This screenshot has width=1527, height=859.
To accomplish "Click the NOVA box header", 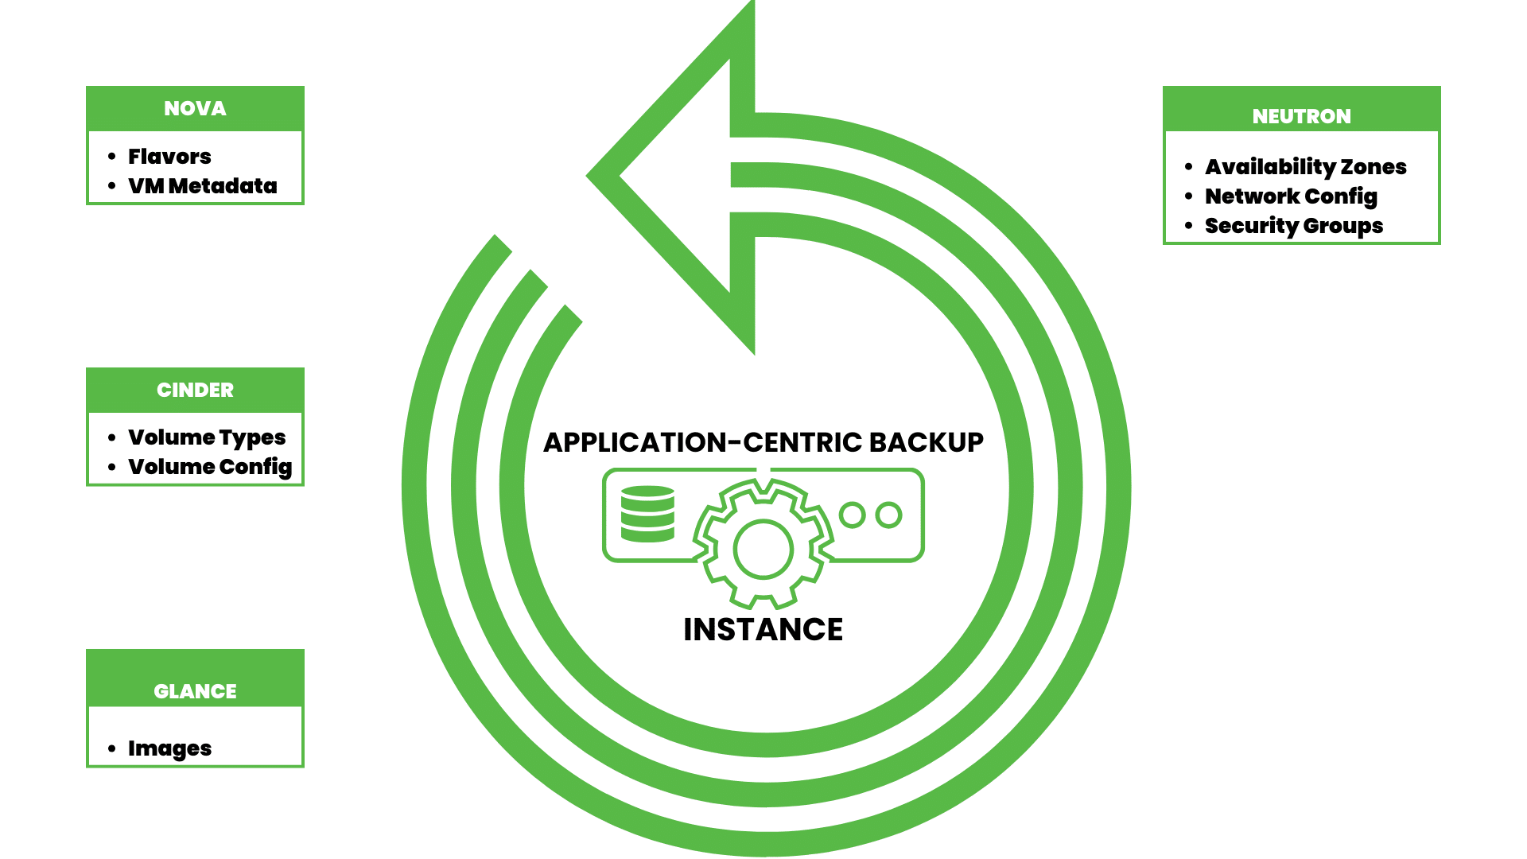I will click(x=195, y=109).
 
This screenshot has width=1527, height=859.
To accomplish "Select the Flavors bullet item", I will click(x=169, y=157).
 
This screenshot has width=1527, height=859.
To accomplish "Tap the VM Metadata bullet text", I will click(x=202, y=186).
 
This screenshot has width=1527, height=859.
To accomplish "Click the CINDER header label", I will click(x=195, y=391).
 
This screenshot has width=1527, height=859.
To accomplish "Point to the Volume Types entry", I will click(x=207, y=437).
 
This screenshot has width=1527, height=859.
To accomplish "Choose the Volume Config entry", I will click(x=210, y=467).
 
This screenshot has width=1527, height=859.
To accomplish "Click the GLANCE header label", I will click(x=195, y=691).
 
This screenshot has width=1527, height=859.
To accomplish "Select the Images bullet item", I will click(x=169, y=748).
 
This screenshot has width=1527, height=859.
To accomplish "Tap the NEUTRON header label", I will click(x=1301, y=117).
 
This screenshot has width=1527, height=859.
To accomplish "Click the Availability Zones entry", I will click(x=1305, y=167).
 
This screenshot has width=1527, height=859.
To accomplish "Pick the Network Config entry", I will click(x=1291, y=196).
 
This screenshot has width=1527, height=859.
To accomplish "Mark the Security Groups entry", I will click(x=1294, y=226).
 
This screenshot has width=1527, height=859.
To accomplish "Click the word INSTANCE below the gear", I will click(x=763, y=630).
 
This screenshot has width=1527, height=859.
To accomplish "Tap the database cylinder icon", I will click(x=647, y=514).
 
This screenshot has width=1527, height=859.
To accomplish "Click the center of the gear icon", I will click(x=763, y=549).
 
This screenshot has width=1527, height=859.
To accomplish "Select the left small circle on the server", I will click(x=852, y=515).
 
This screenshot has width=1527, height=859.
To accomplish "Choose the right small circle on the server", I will click(x=888, y=515).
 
